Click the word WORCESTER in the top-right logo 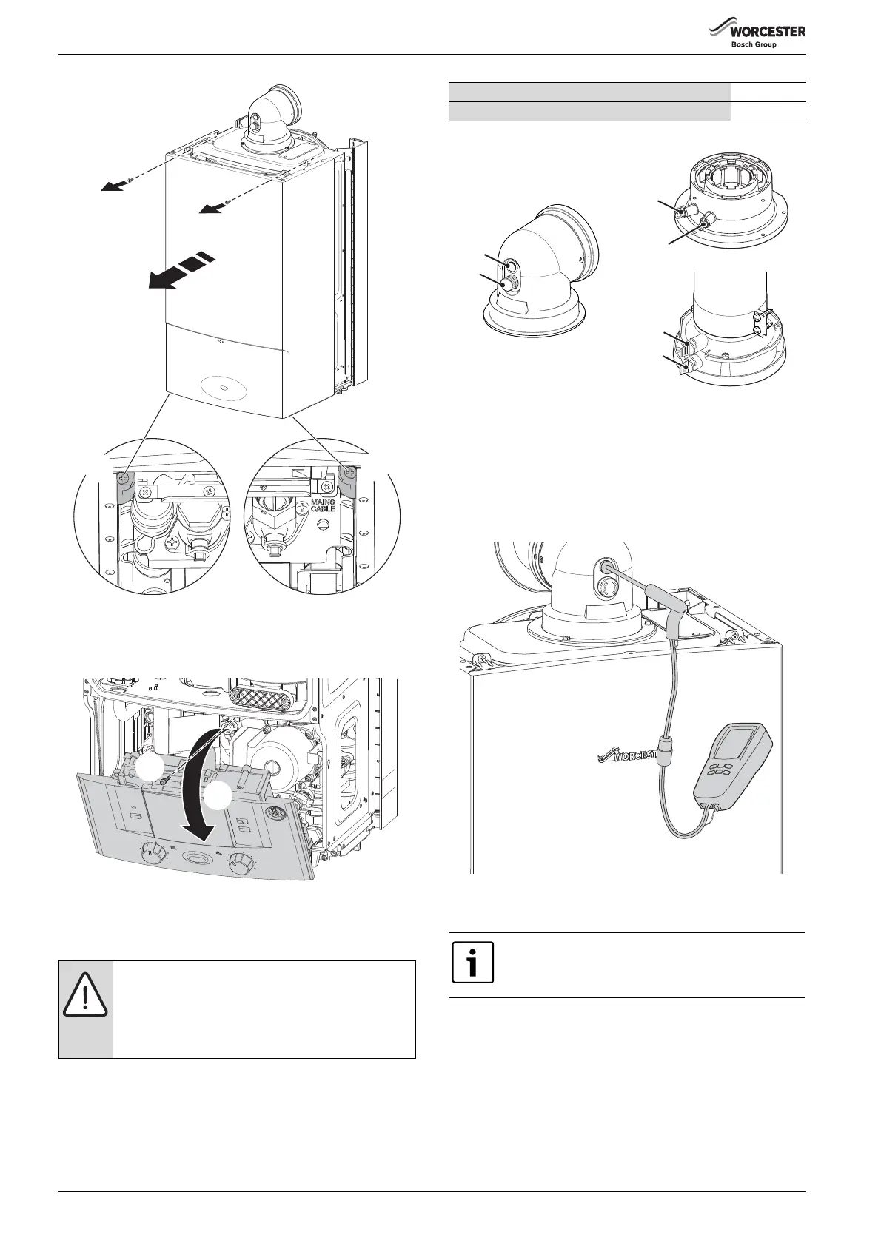click(768, 32)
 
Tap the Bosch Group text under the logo click(754, 45)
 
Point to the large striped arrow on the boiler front click(181, 270)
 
